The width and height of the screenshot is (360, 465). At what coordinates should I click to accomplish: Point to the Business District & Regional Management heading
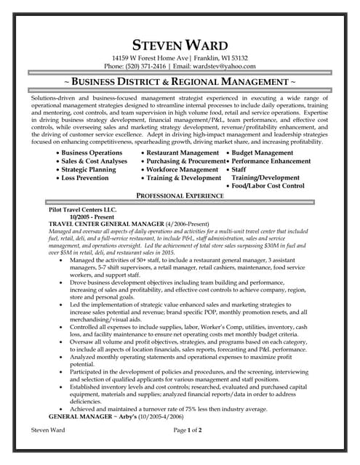click(180, 83)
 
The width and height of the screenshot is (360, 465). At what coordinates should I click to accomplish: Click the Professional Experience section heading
click(180, 197)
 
